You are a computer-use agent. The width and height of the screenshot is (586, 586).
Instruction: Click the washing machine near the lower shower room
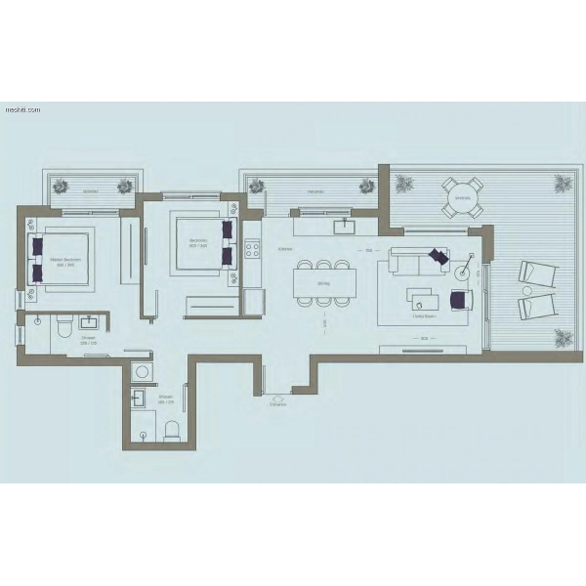tap(142, 371)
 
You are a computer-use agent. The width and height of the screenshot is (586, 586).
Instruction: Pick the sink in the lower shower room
tap(139, 397)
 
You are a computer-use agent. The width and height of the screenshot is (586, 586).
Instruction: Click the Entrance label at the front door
tap(279, 403)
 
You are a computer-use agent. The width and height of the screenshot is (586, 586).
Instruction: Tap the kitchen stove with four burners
tap(251, 248)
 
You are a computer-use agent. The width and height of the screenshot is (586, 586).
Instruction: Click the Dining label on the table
tap(324, 284)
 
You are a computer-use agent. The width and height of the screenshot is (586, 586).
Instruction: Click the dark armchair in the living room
tap(460, 299)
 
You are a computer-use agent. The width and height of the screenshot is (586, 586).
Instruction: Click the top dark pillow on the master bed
tap(39, 245)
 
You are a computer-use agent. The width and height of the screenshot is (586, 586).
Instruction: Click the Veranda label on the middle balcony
tap(314, 192)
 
